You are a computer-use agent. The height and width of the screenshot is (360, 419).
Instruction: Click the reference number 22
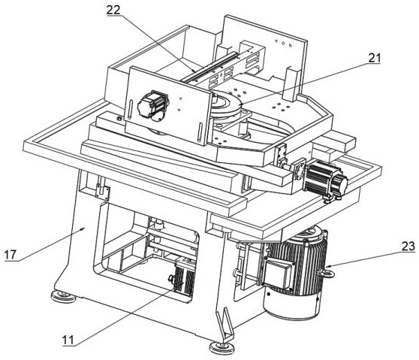(x=113, y=11)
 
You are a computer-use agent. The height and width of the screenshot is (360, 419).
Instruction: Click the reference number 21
(x=375, y=58)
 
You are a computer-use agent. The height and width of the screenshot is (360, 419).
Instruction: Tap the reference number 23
(x=408, y=246)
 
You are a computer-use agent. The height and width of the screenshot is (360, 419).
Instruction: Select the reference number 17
(x=11, y=255)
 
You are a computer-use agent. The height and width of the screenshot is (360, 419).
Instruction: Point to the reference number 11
(x=68, y=340)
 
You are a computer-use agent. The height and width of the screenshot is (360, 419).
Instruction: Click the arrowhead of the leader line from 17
(x=84, y=228)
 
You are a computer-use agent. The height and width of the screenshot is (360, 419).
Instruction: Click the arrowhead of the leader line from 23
(x=327, y=266)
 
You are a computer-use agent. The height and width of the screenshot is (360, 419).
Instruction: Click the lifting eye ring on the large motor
(x=327, y=273)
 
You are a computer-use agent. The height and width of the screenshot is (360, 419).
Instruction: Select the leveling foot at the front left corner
(x=63, y=296)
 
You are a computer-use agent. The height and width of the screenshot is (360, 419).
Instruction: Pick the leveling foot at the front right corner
(x=222, y=347)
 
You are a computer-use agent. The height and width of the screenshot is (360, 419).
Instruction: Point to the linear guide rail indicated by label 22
(x=209, y=67)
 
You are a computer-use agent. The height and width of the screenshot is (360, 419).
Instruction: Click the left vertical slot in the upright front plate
(x=130, y=109)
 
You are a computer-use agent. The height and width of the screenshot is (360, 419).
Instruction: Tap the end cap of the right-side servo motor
(x=341, y=183)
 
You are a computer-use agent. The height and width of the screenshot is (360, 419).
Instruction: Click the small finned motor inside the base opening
(x=184, y=277)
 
